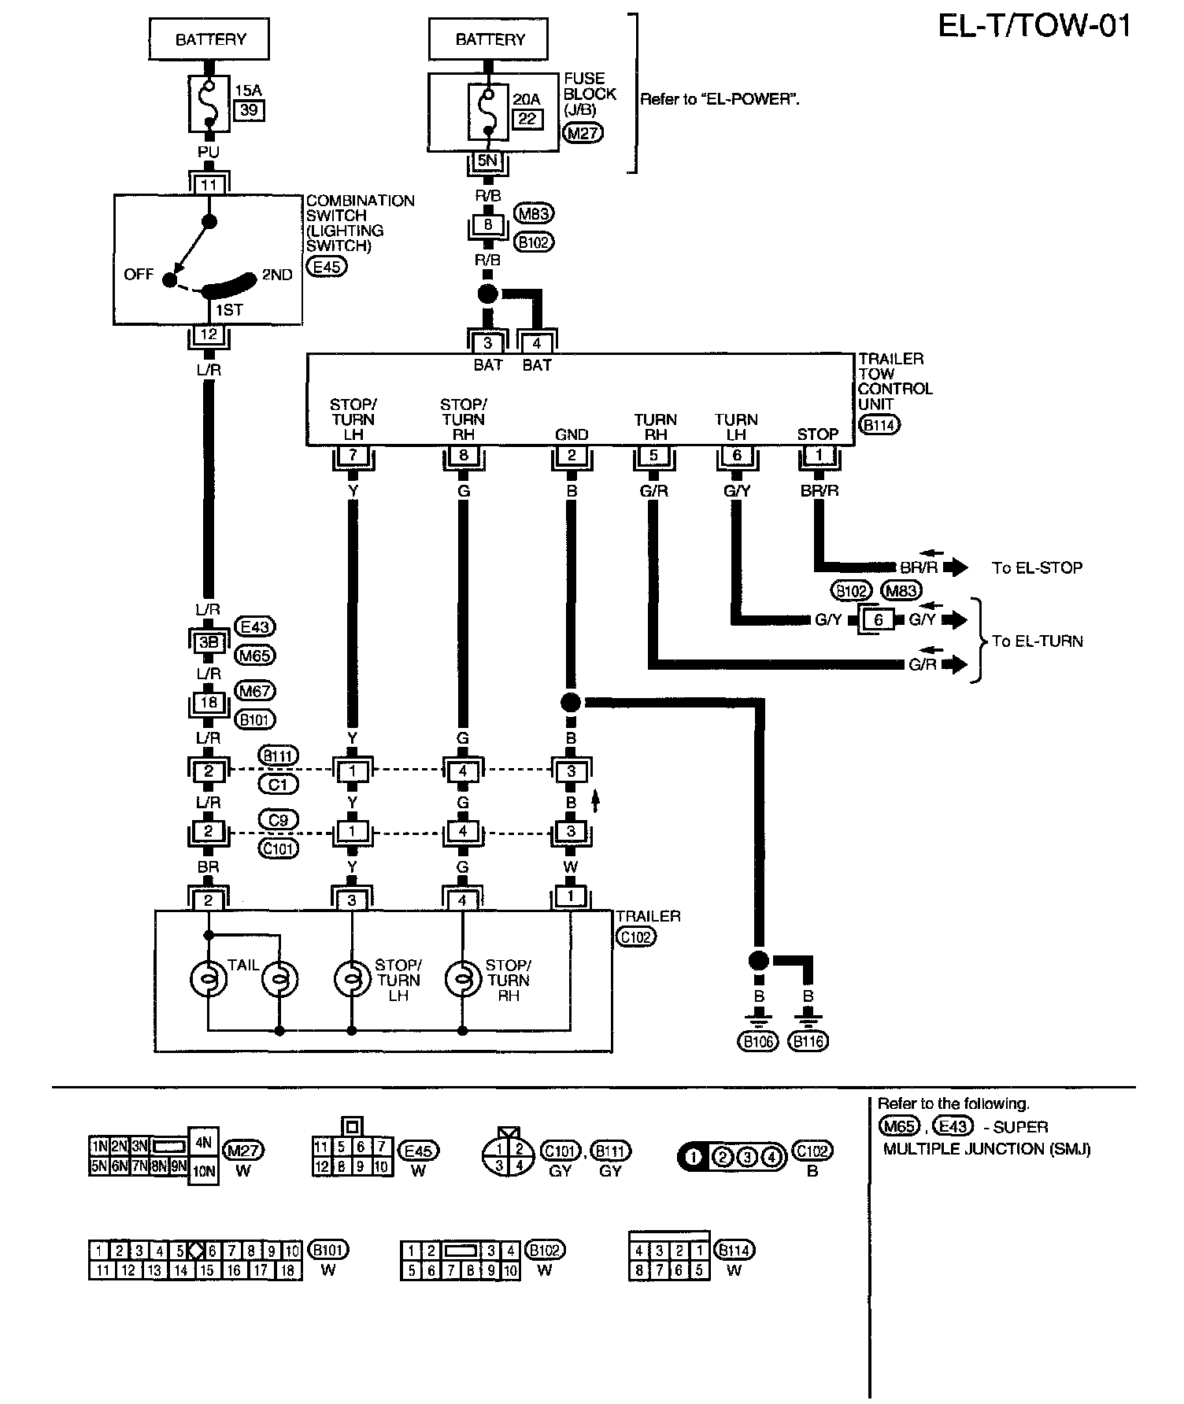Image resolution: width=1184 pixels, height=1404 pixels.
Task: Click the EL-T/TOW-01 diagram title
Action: click(x=1034, y=27)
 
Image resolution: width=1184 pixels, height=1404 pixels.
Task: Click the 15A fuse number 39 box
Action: click(x=249, y=110)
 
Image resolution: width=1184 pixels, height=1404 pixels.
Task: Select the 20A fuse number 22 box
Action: click(x=527, y=119)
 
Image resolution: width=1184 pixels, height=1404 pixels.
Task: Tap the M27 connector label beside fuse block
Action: click(x=583, y=134)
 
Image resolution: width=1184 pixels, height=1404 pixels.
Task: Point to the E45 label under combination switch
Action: click(x=327, y=267)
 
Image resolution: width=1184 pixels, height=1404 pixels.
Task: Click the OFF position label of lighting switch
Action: click(x=139, y=275)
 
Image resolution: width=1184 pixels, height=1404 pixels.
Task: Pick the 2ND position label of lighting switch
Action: click(x=277, y=275)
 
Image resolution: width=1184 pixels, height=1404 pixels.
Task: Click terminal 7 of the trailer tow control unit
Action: click(x=353, y=455)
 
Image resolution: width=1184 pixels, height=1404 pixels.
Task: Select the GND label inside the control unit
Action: click(x=572, y=434)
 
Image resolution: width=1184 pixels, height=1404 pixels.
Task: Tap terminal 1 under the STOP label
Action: click(x=819, y=455)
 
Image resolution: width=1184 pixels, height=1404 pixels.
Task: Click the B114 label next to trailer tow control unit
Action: click(x=879, y=425)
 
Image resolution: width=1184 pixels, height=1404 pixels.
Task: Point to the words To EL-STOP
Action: click(x=1037, y=568)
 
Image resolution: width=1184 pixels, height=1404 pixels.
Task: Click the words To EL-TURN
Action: click(x=1037, y=641)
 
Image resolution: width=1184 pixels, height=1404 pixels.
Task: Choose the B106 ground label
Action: click(x=757, y=1042)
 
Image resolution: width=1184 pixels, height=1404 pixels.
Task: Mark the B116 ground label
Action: click(x=808, y=1042)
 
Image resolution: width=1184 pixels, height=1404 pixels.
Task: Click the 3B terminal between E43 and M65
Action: click(x=209, y=642)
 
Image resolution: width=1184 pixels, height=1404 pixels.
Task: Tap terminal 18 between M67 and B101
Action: click(x=209, y=702)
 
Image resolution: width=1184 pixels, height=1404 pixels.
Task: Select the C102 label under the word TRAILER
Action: click(x=635, y=937)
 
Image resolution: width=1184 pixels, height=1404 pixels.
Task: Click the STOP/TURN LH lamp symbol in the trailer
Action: click(x=352, y=980)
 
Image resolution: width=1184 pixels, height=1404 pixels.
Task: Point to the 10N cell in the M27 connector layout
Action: click(x=203, y=1171)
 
